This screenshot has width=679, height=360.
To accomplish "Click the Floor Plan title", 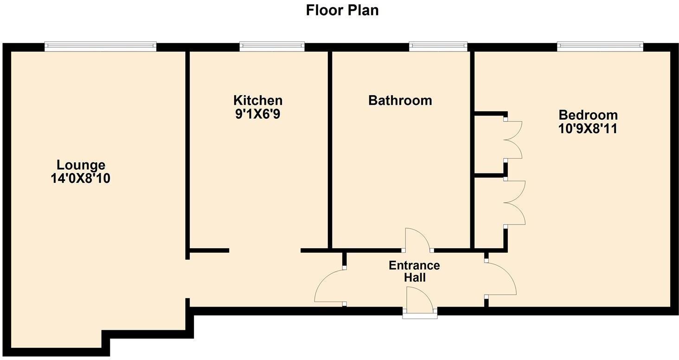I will pyautogui.click(x=342, y=10).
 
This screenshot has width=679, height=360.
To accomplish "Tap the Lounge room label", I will pyautogui.click(x=81, y=165).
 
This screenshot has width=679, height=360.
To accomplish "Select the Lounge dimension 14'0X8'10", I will pyautogui.click(x=81, y=179).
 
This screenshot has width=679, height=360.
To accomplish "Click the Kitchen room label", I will pyautogui.click(x=257, y=100).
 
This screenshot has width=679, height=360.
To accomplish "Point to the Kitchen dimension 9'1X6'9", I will pyautogui.click(x=257, y=114).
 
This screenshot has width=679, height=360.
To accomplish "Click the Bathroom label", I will pyautogui.click(x=400, y=100).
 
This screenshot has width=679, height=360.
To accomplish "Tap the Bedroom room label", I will pyautogui.click(x=588, y=115).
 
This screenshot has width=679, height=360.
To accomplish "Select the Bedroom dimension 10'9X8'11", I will pyautogui.click(x=588, y=129).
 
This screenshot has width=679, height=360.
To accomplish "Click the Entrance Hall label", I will pyautogui.click(x=414, y=271).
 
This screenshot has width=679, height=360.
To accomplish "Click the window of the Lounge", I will pyautogui.click(x=100, y=46).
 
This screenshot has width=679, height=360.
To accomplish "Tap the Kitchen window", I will pyautogui.click(x=272, y=46).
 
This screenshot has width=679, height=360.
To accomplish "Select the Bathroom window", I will pyautogui.click(x=438, y=46).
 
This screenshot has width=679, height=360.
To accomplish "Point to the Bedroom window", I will pyautogui.click(x=600, y=46).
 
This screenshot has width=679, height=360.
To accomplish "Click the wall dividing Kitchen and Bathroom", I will pyautogui.click(x=330, y=148).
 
